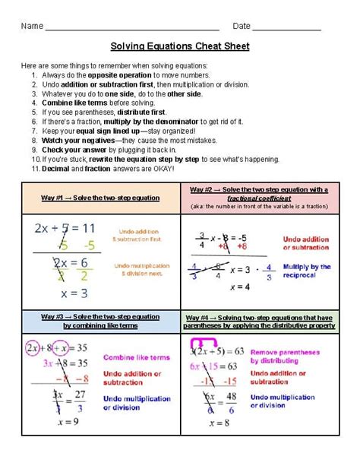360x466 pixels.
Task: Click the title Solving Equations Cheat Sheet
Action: click(180, 46)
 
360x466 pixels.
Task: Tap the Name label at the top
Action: click(31, 26)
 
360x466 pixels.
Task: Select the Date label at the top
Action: click(242, 26)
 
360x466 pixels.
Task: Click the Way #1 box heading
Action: click(100, 198)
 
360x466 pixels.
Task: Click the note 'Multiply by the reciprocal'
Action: click(305, 271)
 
